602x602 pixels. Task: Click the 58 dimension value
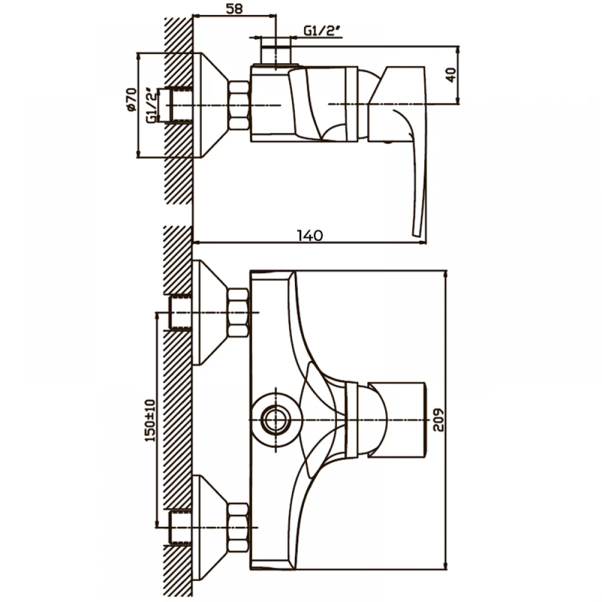click(x=234, y=8)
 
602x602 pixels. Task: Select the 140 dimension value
click(x=310, y=235)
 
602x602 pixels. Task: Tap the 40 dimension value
click(x=451, y=75)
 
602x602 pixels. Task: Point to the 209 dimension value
click(x=438, y=420)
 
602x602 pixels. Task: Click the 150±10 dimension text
click(x=150, y=420)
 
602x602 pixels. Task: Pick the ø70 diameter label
click(x=131, y=100)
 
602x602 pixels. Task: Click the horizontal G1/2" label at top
click(x=322, y=31)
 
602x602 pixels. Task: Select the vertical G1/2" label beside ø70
click(x=152, y=105)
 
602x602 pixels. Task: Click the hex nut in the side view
click(x=240, y=105)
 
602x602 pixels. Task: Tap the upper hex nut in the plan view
click(x=238, y=312)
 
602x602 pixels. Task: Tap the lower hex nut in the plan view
click(x=238, y=527)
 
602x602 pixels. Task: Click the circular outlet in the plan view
click(x=276, y=420)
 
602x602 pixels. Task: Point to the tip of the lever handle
click(x=417, y=235)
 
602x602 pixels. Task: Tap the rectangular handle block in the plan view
click(x=397, y=420)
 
